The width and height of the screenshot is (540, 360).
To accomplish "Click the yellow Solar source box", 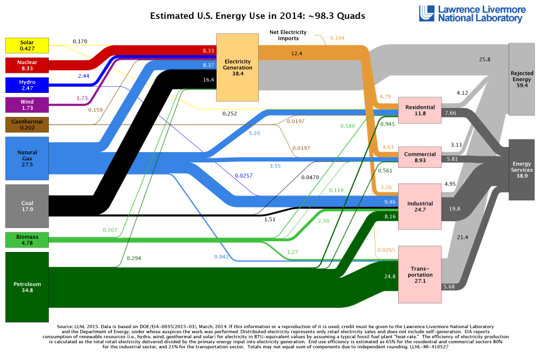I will point(26,45).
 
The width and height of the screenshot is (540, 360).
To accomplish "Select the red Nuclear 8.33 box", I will point(26,65).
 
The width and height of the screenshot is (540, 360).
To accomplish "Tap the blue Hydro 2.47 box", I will point(26,85).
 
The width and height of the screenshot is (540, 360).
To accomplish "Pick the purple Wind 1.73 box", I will point(26,104).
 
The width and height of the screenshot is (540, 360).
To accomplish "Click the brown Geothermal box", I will point(26,124).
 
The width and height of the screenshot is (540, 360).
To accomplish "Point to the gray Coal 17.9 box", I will point(26,206).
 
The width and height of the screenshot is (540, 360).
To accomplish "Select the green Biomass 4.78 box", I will point(26,239).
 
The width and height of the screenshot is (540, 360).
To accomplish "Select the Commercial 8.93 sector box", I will point(420,156).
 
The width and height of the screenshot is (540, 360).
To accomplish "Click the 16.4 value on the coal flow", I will point(208,80).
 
